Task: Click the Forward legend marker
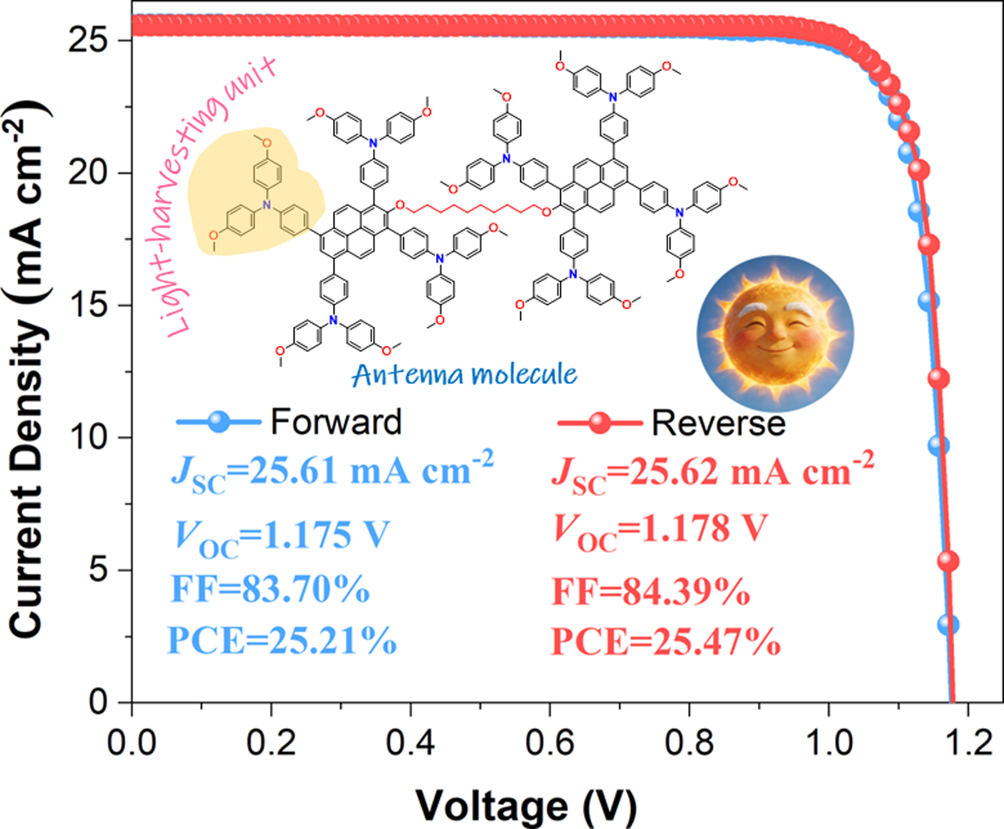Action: (219, 422)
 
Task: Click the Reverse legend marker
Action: (600, 423)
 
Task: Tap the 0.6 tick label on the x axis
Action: (550, 743)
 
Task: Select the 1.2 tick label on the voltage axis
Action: (968, 743)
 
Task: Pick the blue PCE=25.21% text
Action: (282, 641)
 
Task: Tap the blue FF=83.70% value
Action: (270, 589)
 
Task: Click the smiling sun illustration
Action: (775, 333)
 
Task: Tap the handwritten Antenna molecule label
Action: (464, 375)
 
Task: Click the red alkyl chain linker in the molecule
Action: (473, 209)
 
